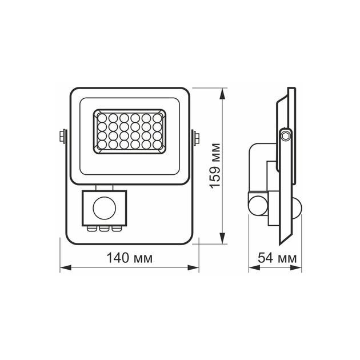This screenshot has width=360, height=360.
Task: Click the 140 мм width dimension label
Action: click(x=130, y=258)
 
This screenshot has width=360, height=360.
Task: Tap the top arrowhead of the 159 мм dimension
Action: click(x=223, y=91)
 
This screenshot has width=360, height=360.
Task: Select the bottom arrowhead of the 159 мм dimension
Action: click(x=223, y=239)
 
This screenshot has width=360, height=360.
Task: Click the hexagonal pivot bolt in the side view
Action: click(x=285, y=135)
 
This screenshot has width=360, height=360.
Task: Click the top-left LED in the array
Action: click(x=102, y=117)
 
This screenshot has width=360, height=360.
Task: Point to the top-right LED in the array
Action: click(x=157, y=117)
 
